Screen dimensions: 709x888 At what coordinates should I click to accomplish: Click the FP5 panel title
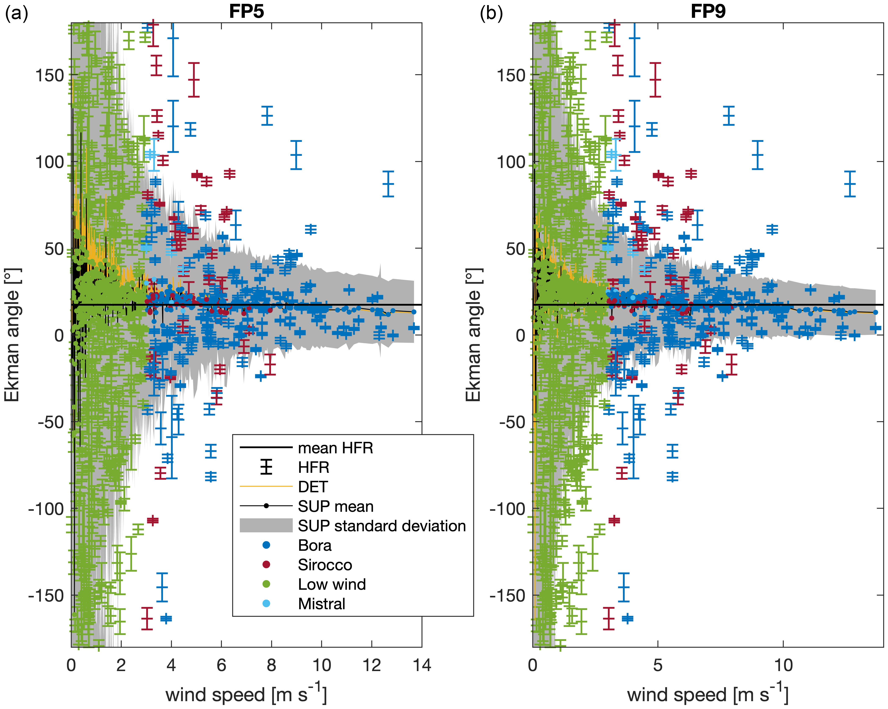pos(246,11)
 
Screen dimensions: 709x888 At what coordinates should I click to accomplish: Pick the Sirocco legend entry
pos(325,565)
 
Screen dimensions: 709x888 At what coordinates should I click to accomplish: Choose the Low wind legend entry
pos(332,584)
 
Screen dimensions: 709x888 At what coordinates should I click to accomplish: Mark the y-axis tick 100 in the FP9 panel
pos(511,162)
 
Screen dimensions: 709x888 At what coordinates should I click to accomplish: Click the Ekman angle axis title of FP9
pos(474,335)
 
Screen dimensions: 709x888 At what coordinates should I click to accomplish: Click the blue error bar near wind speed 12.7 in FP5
pos(388,184)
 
